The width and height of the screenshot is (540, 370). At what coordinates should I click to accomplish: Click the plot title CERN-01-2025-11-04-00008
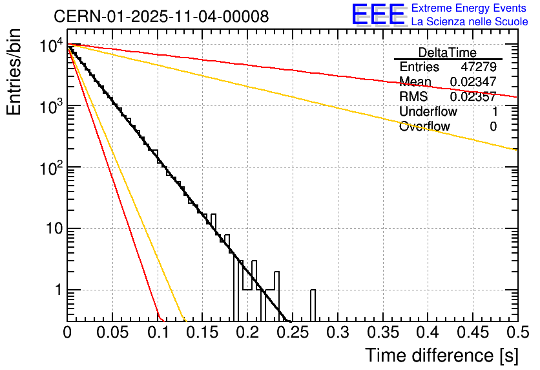(x=161, y=17)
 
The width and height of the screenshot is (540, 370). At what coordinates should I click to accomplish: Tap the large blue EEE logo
(x=378, y=15)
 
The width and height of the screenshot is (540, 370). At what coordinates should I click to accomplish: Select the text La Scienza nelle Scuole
(x=470, y=22)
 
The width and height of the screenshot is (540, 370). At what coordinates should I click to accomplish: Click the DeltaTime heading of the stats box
(x=448, y=52)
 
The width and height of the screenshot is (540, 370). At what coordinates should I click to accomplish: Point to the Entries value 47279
(x=479, y=67)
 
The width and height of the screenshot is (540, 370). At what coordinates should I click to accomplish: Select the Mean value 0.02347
(x=473, y=82)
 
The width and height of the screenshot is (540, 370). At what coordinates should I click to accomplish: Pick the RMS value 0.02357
(x=473, y=96)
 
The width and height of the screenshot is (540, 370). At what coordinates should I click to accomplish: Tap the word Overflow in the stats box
(x=424, y=126)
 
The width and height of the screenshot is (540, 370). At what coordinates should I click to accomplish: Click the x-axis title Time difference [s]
(x=441, y=355)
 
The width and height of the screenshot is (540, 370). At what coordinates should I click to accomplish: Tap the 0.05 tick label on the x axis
(x=112, y=332)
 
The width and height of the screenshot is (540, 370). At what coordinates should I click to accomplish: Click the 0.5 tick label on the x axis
(x=517, y=332)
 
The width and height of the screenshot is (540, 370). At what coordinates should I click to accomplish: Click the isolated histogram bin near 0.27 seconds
(x=313, y=304)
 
